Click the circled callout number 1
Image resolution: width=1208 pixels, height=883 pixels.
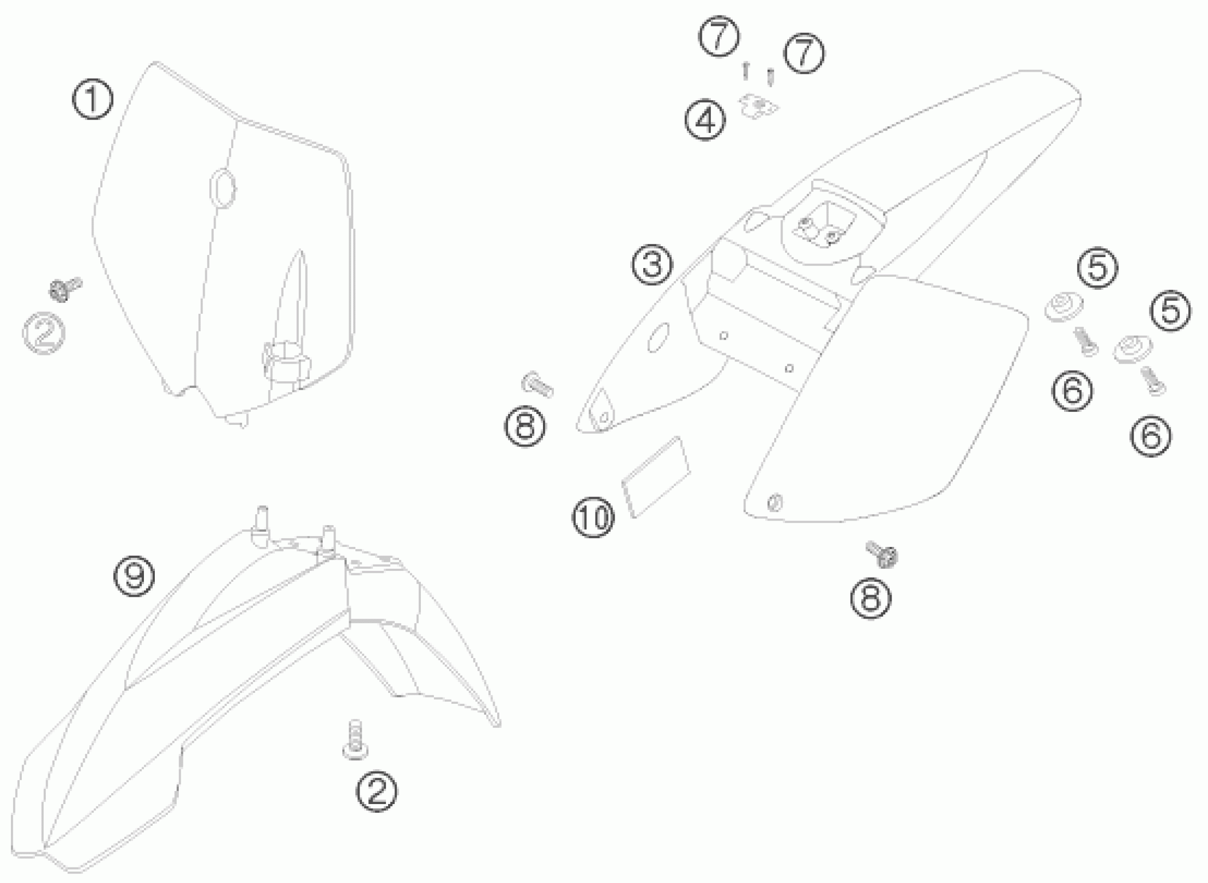92,99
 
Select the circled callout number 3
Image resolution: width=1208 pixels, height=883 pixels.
652,264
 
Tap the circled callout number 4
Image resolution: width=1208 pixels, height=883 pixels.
706,122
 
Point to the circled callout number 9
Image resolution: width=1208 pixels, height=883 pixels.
134,577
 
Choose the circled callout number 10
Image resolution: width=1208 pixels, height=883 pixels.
593,517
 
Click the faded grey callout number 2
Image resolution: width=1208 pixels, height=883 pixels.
44,333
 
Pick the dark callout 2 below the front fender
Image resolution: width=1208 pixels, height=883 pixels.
377,792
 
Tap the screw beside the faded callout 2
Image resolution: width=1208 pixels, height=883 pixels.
64,289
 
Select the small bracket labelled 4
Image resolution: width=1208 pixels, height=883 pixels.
760,107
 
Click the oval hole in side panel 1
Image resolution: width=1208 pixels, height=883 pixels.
222,187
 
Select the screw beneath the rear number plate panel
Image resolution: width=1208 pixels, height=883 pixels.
882,554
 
